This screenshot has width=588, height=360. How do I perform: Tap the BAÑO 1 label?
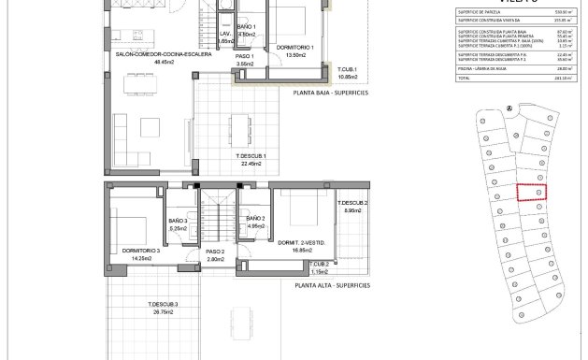(x=246, y=27)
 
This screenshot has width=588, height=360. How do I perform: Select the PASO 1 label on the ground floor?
(x=245, y=55)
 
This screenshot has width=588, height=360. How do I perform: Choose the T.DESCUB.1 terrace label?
(x=251, y=155)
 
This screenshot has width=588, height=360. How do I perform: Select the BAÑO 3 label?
(x=179, y=221)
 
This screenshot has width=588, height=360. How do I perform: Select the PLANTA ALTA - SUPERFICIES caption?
(x=332, y=285)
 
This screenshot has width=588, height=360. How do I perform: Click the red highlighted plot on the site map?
(x=532, y=192)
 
